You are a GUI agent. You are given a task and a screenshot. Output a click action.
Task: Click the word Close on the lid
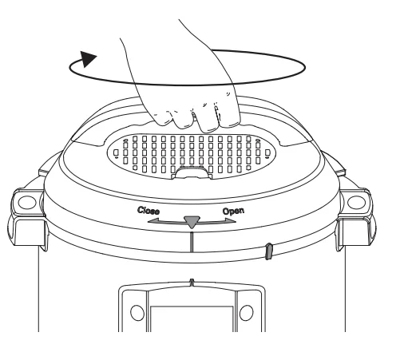coord(148,211)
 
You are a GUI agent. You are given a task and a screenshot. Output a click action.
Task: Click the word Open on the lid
coord(233,212)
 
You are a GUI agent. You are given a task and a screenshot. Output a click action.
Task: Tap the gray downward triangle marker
coord(192,222)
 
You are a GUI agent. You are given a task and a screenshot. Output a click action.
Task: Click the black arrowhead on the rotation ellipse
coord(88,59)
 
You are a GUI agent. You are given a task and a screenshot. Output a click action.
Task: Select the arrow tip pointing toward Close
coord(148,221)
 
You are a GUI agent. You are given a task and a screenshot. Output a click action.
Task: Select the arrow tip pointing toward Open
coord(236,221)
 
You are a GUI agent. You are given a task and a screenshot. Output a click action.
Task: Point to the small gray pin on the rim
coord(268,251)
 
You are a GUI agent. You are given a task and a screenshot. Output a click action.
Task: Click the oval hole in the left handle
coord(27,202)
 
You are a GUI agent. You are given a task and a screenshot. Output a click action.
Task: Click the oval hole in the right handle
coord(357,202)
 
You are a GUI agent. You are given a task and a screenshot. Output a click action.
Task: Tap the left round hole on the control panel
coord(137,313)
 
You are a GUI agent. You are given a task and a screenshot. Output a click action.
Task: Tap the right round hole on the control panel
coord(247,313)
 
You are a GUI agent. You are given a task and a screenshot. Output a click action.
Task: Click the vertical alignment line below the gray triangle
coord(192,242)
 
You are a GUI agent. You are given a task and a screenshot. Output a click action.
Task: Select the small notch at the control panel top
coord(192,283)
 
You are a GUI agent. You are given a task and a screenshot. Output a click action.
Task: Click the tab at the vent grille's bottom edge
coord(192,173)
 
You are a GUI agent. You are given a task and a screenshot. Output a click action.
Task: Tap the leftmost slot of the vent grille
coord(116,153)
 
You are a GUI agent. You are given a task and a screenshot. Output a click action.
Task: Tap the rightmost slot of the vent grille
coord(267,153)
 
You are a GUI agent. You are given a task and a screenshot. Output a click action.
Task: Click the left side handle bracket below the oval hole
coord(28,231)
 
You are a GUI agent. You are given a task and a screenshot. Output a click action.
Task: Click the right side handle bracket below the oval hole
coord(356,231)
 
